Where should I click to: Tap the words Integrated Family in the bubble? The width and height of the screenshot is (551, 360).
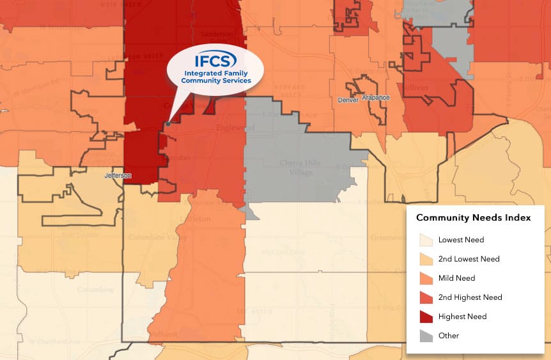coord(215,74)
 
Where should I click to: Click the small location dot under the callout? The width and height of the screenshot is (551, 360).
coord(167,123)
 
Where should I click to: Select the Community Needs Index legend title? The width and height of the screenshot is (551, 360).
coord(473,217)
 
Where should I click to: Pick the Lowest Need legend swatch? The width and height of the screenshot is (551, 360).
coord(426,240)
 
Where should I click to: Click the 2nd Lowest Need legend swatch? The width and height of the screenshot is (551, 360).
coord(426,259)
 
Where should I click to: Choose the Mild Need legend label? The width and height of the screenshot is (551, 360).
coord(456,278)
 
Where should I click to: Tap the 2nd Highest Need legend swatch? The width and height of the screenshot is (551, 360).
coord(426,297)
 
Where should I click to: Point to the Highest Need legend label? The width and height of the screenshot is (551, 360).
coord(462,317)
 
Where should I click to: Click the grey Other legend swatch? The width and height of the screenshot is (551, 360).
coord(426,336)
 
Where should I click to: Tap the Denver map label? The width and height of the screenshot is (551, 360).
coord(348,100)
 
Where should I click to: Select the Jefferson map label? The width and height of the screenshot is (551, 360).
coord(118,175)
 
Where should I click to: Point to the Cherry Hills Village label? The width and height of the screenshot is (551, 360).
coord(300,167)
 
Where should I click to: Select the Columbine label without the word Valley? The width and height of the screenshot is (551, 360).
coord(96,290)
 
